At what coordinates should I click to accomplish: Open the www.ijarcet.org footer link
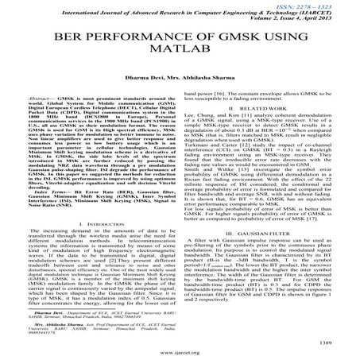[180, 350]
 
